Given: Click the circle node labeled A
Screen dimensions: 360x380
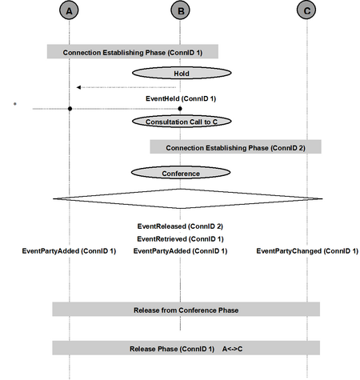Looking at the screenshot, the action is tap(69, 10).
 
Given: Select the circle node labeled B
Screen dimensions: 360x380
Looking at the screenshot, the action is tap(181, 10).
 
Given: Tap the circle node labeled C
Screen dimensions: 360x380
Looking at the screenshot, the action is tap(306, 10).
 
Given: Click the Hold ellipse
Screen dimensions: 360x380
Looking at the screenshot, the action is tap(182, 73).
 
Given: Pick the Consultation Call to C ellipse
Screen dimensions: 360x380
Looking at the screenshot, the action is tap(182, 122).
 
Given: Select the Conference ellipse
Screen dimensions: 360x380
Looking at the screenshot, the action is tap(181, 173).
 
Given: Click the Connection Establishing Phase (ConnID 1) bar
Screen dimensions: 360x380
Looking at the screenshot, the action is tap(133, 51).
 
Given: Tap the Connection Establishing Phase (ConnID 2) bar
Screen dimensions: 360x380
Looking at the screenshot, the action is tap(235, 146).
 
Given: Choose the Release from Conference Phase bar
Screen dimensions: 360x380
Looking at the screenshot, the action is tap(186, 310).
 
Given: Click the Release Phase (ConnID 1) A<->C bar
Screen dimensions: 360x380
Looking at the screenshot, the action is tap(186, 348).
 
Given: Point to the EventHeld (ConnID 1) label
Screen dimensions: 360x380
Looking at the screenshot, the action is tap(181, 98).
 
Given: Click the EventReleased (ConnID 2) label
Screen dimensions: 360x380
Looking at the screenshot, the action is tap(180, 226).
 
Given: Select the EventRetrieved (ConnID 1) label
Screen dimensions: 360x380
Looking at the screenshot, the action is tap(180, 239).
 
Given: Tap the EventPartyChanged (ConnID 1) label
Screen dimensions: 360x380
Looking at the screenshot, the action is tap(307, 251).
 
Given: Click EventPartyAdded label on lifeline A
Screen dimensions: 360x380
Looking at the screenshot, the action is tap(69, 251).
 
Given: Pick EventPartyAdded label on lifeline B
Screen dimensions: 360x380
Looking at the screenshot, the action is tap(180, 251).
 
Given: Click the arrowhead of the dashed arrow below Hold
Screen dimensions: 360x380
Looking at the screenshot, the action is tap(78, 87).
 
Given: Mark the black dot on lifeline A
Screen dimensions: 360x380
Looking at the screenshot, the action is tap(70, 109).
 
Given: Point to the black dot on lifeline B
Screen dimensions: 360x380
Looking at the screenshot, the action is tap(180, 109).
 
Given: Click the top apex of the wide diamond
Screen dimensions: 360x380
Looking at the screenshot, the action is tap(181, 189).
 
